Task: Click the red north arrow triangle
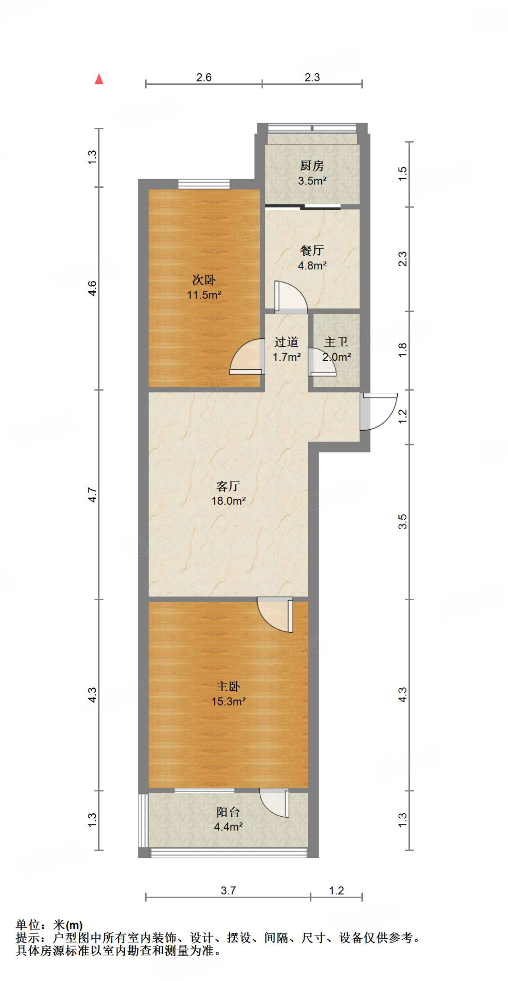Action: (x=99, y=80)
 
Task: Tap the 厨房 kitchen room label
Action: (x=312, y=166)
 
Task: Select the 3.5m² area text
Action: (x=312, y=181)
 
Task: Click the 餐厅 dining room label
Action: (x=312, y=251)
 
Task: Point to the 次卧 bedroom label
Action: (x=204, y=280)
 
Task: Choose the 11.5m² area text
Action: (x=204, y=295)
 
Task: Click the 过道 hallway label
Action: (x=287, y=342)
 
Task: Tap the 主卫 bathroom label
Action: (x=336, y=342)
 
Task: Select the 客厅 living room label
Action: (x=228, y=486)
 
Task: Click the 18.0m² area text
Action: (x=229, y=501)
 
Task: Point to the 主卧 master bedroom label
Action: (x=228, y=686)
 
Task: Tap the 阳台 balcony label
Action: (x=228, y=812)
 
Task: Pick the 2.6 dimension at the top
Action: (x=204, y=77)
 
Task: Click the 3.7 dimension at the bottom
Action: (x=228, y=890)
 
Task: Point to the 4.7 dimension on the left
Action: (x=92, y=495)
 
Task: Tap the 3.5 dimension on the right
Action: (x=403, y=521)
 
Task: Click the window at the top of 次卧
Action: (x=204, y=183)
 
